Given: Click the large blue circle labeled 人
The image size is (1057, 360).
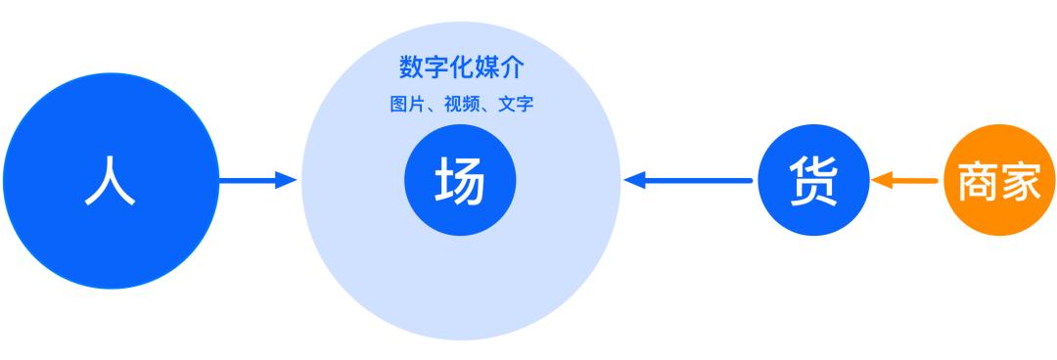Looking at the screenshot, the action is pyautogui.click(x=110, y=180).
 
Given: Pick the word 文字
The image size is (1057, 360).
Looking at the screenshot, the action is pyautogui.click(x=515, y=104).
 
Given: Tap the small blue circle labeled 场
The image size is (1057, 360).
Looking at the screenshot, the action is pyautogui.click(x=460, y=181).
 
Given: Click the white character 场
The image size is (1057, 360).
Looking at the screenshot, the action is pyautogui.click(x=460, y=181).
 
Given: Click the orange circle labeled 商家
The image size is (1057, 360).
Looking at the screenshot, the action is pyautogui.click(x=999, y=181).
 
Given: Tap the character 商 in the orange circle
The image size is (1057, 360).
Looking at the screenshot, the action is pyautogui.click(x=978, y=182).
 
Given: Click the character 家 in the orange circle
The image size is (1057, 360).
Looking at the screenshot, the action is pyautogui.click(x=1021, y=182).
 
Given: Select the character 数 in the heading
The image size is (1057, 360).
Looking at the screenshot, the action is pyautogui.click(x=410, y=67).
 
